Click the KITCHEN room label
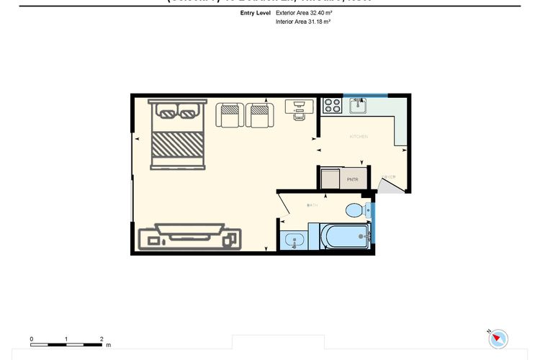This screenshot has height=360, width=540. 359,137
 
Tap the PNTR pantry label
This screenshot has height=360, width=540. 352,179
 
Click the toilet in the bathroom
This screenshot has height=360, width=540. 354,210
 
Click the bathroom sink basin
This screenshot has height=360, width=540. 294,240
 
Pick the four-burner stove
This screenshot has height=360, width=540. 332,106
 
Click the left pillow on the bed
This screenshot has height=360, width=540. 166,112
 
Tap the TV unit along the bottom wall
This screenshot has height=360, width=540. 189,237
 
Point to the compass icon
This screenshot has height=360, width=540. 498,338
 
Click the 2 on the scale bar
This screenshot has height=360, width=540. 102,338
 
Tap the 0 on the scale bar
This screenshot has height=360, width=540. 32,338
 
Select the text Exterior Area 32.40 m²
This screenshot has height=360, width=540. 302,13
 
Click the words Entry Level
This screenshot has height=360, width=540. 256,13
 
